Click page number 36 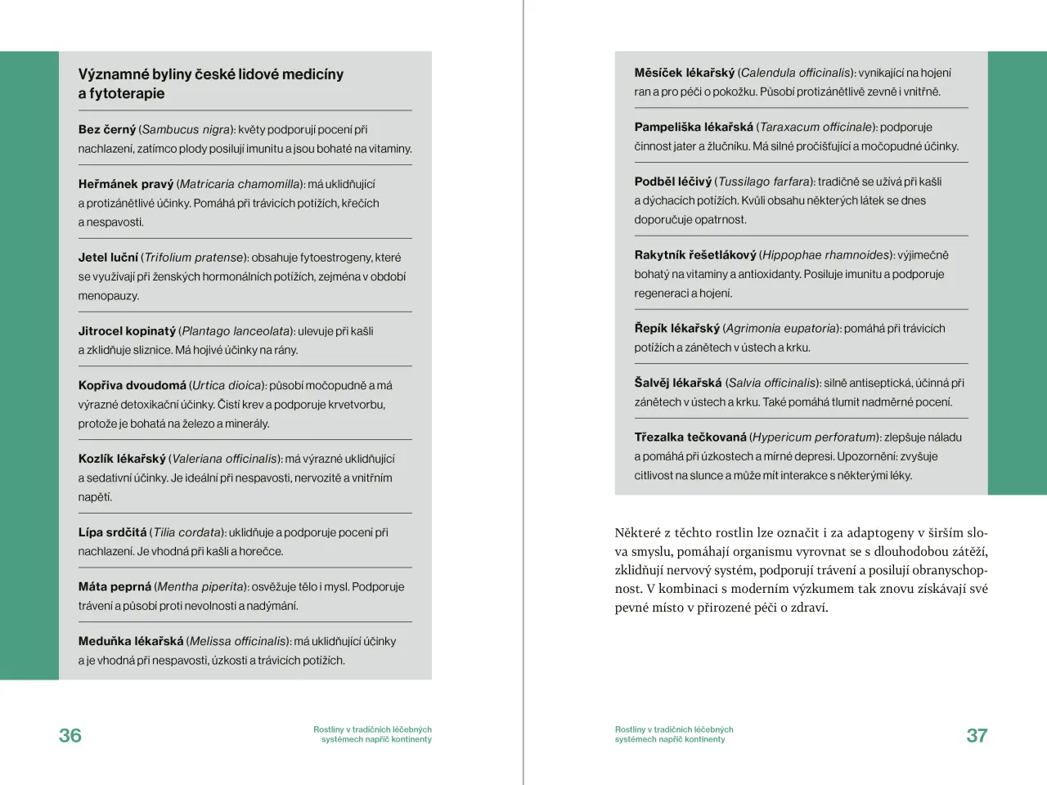70,735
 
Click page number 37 977,735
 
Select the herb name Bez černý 106,129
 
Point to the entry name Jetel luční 108,258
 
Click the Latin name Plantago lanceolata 236,331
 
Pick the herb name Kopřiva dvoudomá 133,385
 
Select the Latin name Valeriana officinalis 224,459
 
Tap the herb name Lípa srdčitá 112,532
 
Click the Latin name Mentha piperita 200,587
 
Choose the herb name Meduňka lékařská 131,641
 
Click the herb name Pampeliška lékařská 694,127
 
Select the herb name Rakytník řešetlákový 695,255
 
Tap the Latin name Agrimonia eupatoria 780,329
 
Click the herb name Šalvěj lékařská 678,383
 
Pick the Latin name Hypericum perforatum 814,437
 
